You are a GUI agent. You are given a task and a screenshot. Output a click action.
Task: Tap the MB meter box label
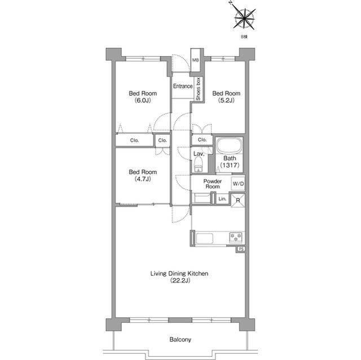[196, 60]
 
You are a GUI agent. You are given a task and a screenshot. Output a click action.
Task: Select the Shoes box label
[198, 89]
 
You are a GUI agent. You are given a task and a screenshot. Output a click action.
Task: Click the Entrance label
[183, 86]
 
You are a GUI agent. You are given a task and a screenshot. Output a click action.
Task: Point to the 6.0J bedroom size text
[143, 100]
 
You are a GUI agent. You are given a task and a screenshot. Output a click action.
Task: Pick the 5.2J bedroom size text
[226, 100]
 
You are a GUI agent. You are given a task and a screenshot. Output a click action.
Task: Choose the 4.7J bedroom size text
[143, 179]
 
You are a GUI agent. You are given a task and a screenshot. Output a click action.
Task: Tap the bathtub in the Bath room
[229, 145]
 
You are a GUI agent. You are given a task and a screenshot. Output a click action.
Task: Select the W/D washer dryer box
[238, 184]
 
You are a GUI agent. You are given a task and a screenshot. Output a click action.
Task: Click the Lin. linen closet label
[222, 199]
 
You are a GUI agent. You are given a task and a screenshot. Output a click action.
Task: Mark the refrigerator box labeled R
[238, 200]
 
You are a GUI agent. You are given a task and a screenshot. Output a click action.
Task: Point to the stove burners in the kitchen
[236, 238]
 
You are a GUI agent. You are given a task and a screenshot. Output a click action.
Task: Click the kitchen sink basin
[204, 239]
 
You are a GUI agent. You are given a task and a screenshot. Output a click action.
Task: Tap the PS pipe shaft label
[241, 249]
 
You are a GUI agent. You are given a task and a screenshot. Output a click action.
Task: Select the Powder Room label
[212, 184]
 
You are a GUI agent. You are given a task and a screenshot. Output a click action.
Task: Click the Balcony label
[180, 340]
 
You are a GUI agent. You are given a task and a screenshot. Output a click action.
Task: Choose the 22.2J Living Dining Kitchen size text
[180, 281]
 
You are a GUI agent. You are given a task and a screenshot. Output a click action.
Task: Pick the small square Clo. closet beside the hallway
[162, 140]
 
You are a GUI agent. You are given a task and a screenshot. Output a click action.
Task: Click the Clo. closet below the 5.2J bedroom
[202, 140]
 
